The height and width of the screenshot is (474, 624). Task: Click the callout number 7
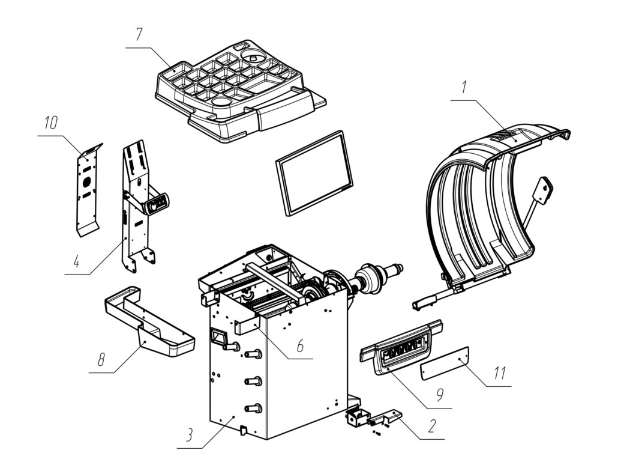[x=139, y=35]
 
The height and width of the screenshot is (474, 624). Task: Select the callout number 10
[x=51, y=123]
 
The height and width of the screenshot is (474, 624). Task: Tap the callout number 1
[x=464, y=87]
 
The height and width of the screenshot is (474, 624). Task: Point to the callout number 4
[x=77, y=261]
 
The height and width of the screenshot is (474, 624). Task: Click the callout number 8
[x=101, y=360]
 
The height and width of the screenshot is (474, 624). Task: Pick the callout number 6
[x=301, y=346]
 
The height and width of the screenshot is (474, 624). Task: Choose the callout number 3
[x=190, y=435]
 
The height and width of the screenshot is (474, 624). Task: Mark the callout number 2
[x=432, y=426]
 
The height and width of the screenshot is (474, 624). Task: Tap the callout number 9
[x=439, y=395]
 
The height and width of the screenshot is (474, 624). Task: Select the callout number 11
[x=500, y=373]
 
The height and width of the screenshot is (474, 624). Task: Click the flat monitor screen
[x=314, y=173]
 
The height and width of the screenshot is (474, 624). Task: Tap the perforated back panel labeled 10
[x=88, y=190]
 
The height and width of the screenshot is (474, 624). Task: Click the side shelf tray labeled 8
[x=149, y=323]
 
